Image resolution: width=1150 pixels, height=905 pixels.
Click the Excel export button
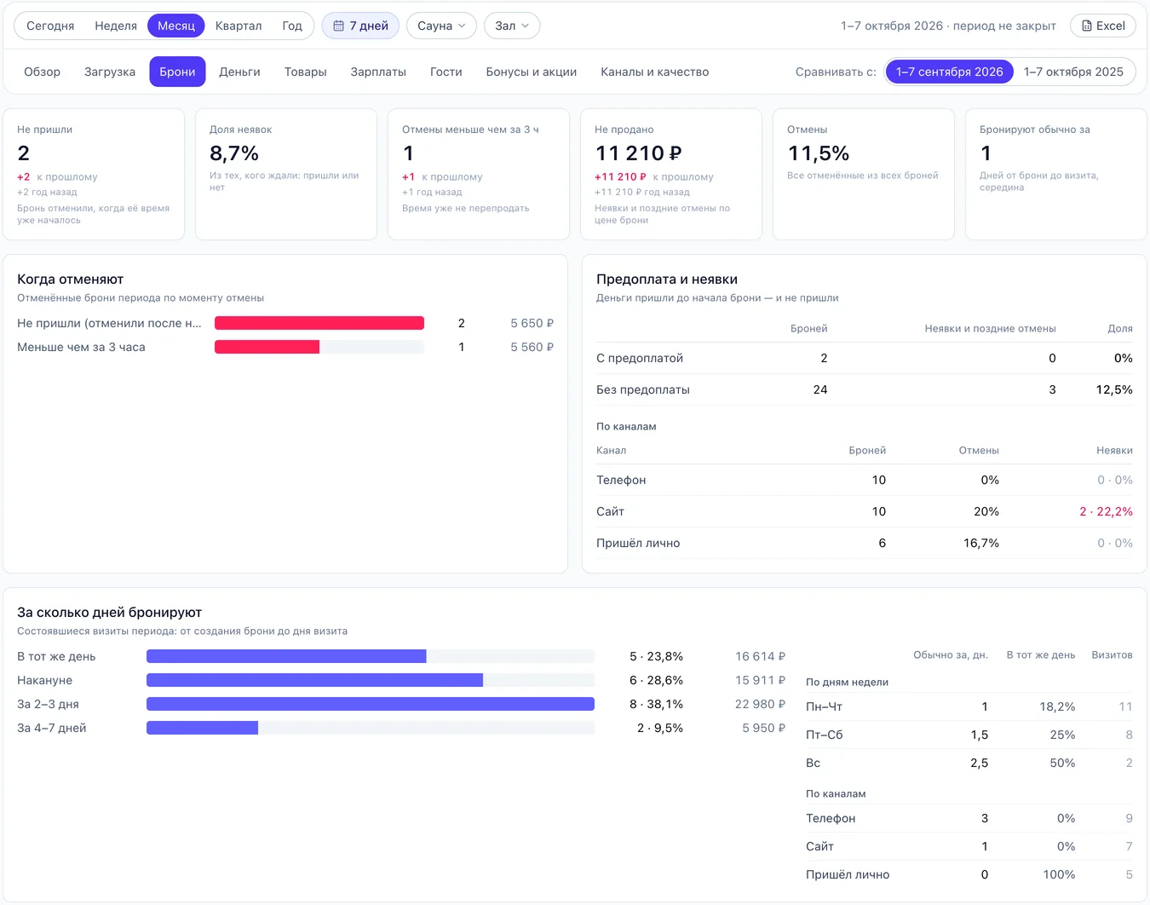click(x=1102, y=26)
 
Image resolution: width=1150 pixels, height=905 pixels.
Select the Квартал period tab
click(x=239, y=26)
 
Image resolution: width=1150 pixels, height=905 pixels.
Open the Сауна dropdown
click(x=441, y=26)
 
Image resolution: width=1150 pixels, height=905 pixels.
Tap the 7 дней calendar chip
click(x=360, y=26)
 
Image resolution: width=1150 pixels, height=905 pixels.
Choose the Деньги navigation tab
click(x=239, y=72)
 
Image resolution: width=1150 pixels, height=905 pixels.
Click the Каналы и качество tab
click(x=654, y=72)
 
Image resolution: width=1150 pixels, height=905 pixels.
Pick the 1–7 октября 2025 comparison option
click(x=1073, y=72)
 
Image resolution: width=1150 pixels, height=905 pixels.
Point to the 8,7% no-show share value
click(x=234, y=153)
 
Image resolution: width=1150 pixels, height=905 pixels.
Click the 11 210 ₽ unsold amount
click(x=638, y=153)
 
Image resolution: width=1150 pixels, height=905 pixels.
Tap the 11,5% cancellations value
click(x=818, y=153)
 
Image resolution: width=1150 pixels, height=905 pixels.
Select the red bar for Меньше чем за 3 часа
click(x=267, y=347)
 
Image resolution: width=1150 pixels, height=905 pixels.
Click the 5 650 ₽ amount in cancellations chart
click(x=532, y=323)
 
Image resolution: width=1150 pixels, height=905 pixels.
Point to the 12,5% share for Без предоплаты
click(x=1113, y=389)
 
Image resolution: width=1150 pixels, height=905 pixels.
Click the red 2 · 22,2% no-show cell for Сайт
click(x=1106, y=511)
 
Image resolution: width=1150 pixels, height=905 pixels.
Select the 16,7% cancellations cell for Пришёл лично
click(x=980, y=543)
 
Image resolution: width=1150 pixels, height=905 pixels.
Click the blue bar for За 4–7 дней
click(x=203, y=728)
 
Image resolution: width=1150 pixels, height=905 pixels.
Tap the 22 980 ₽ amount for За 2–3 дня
click(x=760, y=704)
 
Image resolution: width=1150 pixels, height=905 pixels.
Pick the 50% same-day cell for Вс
click(x=1061, y=763)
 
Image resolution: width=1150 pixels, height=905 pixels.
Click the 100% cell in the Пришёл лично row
click(x=1059, y=874)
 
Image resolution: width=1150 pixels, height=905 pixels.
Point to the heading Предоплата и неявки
click(x=666, y=279)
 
